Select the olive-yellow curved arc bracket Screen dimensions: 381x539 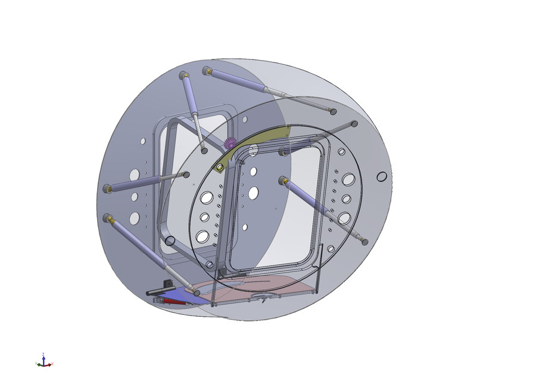262,138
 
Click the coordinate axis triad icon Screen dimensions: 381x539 43,361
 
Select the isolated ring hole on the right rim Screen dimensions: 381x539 382,177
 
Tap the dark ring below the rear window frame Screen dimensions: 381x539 170,241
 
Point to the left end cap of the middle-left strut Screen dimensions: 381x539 107,189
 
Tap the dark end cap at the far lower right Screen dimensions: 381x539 364,242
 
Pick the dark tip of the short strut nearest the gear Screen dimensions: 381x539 204,151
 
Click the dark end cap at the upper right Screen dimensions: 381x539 354,124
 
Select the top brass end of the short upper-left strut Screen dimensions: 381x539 183,76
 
